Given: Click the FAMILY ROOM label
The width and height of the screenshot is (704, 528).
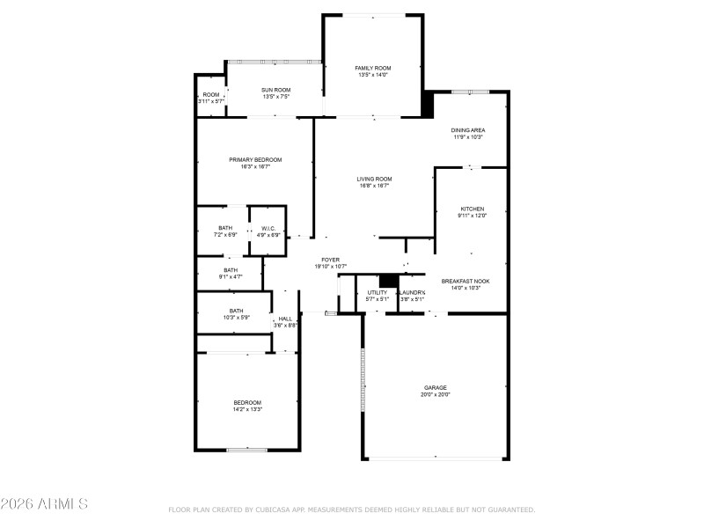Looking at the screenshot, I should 373,68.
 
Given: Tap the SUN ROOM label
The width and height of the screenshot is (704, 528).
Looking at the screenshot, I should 277,89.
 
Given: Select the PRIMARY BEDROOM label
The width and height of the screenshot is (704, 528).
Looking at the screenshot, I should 255,159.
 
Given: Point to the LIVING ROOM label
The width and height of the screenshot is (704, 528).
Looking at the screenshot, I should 375,179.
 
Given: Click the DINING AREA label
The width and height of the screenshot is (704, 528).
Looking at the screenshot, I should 469,130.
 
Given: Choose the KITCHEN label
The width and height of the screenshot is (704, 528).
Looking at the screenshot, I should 472,209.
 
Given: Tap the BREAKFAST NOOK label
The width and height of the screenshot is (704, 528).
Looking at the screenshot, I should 466,281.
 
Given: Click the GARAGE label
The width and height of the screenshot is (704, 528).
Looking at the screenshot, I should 436,387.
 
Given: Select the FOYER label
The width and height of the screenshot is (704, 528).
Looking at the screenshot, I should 330,260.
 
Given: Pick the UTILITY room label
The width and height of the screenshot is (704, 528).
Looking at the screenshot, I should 377,292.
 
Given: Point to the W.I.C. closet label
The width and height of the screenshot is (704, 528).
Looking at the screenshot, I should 268,228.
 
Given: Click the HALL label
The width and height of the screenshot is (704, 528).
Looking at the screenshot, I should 285,319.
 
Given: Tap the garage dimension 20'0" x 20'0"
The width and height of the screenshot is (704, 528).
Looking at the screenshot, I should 436,394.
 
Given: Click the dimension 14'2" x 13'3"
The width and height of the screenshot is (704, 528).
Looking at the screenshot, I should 247,409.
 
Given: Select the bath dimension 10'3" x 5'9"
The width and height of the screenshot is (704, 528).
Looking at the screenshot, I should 236,317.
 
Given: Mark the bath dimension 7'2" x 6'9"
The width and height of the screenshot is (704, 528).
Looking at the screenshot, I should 226,235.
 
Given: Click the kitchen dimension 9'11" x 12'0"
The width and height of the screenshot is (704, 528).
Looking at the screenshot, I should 472,216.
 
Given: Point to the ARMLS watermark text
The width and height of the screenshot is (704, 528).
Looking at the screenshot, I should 44,504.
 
